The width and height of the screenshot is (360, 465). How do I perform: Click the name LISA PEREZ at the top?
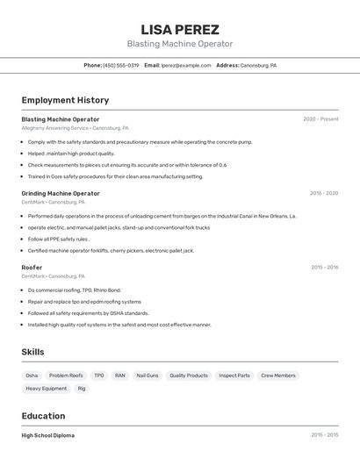tap(180, 30)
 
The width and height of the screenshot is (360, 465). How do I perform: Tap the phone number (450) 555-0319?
tap(120, 65)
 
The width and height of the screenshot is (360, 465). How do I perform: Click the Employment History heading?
tap(65, 100)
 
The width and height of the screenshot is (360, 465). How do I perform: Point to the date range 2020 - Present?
tap(320, 119)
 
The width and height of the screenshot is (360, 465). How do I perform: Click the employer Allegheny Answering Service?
tap(54, 128)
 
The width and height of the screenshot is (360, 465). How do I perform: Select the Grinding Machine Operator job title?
tap(61, 193)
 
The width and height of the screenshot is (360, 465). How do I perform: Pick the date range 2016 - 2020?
tap(323, 193)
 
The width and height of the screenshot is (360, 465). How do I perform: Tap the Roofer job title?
tap(32, 268)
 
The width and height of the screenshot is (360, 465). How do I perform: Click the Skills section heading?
tap(32, 352)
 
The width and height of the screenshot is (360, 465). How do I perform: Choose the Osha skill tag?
tap(32, 376)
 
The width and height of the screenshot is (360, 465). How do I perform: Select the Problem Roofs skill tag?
tap(66, 376)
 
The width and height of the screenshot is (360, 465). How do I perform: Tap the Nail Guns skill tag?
tap(147, 376)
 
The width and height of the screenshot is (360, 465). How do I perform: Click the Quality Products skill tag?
tap(189, 376)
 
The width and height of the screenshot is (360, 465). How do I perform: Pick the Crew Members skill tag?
tap(278, 376)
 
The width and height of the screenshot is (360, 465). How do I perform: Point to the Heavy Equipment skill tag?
tap(46, 388)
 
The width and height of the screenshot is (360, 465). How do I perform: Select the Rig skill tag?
tap(82, 388)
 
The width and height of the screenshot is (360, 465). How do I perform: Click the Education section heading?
tap(43, 416)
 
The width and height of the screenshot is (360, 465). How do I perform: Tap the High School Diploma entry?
tap(47, 435)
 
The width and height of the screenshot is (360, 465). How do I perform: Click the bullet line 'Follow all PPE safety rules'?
tap(58, 239)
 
